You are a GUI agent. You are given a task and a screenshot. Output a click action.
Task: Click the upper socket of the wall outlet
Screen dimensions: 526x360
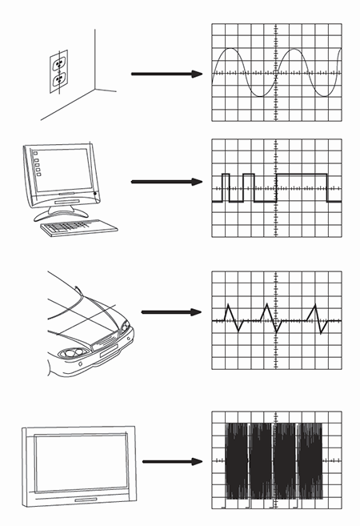pos(58,62)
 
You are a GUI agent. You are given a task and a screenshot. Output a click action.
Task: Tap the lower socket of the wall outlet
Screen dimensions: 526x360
pos(58,80)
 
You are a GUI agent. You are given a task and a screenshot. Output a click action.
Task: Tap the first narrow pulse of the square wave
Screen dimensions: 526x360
pos(226,175)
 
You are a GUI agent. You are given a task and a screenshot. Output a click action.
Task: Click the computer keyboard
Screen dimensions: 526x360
pos(78,227)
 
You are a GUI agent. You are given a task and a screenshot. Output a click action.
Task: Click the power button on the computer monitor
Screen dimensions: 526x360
pos(95,195)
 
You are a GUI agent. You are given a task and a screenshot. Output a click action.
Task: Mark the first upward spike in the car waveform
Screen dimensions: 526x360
pos(228,305)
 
